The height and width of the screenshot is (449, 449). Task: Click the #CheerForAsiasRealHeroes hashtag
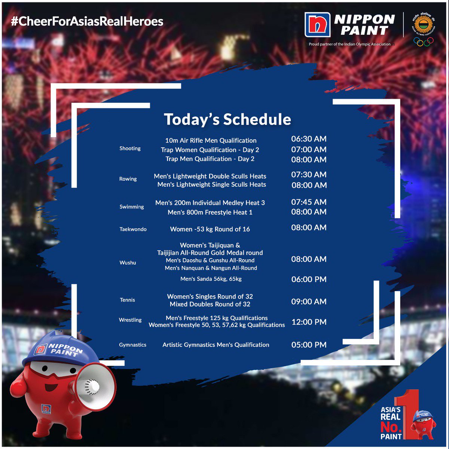click(x=87, y=21)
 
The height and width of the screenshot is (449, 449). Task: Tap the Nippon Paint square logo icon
click(x=317, y=25)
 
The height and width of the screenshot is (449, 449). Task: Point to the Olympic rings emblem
click(x=423, y=42)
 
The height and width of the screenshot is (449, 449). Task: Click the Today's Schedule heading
click(x=227, y=119)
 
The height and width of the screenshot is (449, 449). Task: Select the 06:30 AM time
click(x=309, y=139)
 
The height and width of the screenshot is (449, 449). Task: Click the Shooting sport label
click(x=130, y=149)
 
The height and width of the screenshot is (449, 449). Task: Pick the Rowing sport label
click(x=128, y=179)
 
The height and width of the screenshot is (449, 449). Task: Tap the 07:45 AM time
click(x=309, y=202)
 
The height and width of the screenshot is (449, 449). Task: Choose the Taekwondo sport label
click(x=133, y=229)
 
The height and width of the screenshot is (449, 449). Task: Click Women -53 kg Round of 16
click(x=210, y=229)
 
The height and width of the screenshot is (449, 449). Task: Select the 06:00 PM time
click(x=309, y=280)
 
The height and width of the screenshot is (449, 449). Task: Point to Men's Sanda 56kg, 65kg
click(x=211, y=279)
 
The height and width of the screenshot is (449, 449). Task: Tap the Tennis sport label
click(x=127, y=300)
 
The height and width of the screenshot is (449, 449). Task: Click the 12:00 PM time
click(x=309, y=322)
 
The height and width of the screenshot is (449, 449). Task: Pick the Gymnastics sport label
click(x=132, y=345)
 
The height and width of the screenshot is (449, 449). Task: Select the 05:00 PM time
click(x=309, y=345)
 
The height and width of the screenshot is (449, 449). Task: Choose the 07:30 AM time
click(x=309, y=174)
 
